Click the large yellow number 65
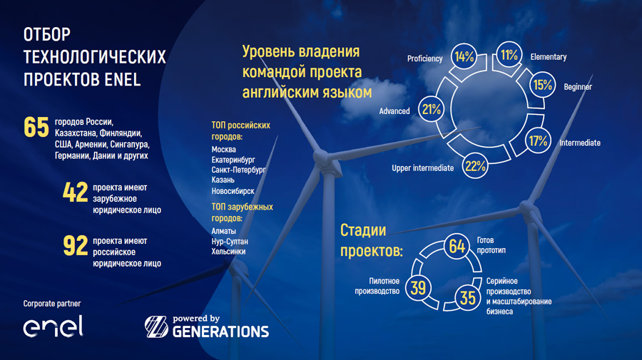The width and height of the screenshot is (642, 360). (36, 127)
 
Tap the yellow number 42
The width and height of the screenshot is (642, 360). (76, 192)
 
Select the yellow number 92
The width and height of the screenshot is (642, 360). (76, 245)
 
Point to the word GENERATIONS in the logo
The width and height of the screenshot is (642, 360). (220, 331)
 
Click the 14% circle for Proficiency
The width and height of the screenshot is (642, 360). (464, 56)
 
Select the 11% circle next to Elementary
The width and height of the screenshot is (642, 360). (509, 54)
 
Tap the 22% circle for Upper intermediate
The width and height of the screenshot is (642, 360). (475, 166)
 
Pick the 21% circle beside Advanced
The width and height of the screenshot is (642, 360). (431, 109)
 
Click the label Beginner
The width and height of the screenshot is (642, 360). (578, 87)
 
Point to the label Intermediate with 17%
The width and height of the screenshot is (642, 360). (580, 143)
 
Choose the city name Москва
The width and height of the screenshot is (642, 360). (223, 149)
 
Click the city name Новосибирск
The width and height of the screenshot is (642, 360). (233, 190)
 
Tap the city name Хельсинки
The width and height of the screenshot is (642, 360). (228, 251)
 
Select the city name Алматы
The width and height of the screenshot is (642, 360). (223, 231)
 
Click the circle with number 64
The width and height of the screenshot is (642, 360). (457, 246)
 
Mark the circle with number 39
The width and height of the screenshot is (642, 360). (418, 287)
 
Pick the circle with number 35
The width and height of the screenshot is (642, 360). (467, 298)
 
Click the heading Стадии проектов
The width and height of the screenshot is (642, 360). (372, 240)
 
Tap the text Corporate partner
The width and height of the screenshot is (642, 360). (52, 304)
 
